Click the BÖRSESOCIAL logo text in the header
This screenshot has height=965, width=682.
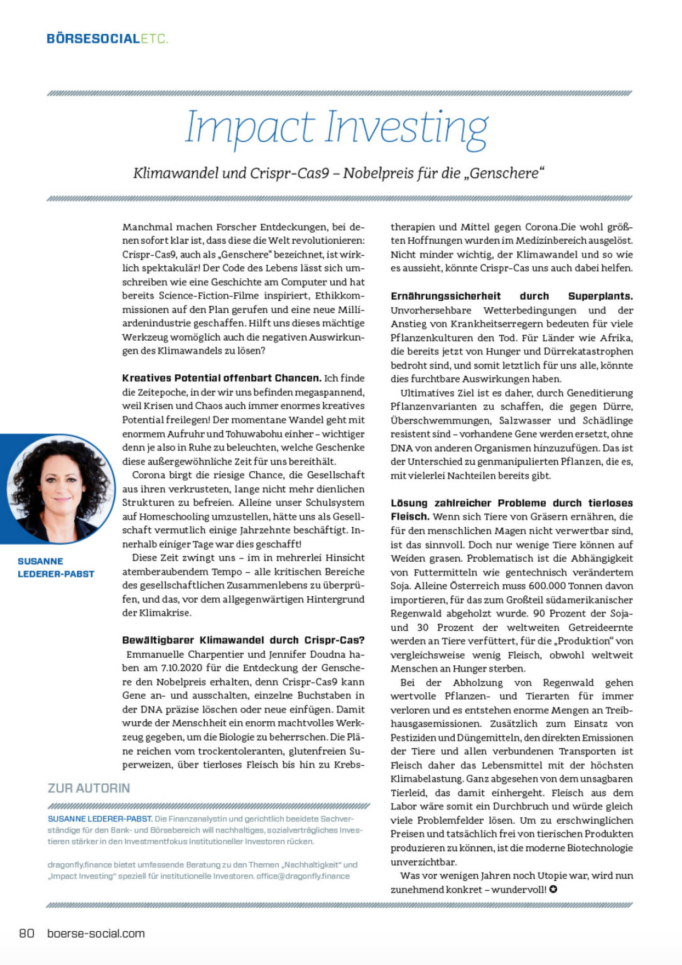[93, 39]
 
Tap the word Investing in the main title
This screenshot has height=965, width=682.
[406, 128]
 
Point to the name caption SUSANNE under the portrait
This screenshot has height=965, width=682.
[40, 561]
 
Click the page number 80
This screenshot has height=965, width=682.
[27, 933]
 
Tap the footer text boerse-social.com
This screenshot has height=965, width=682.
[96, 933]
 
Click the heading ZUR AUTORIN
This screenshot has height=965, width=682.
[89, 788]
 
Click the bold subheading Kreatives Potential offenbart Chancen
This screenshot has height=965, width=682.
[221, 378]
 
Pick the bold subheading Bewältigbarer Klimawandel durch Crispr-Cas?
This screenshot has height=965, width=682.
[243, 640]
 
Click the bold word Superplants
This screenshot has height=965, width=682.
[600, 296]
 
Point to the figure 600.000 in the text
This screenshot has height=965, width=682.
[547, 586]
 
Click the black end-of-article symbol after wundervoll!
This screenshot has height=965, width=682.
[553, 890]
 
